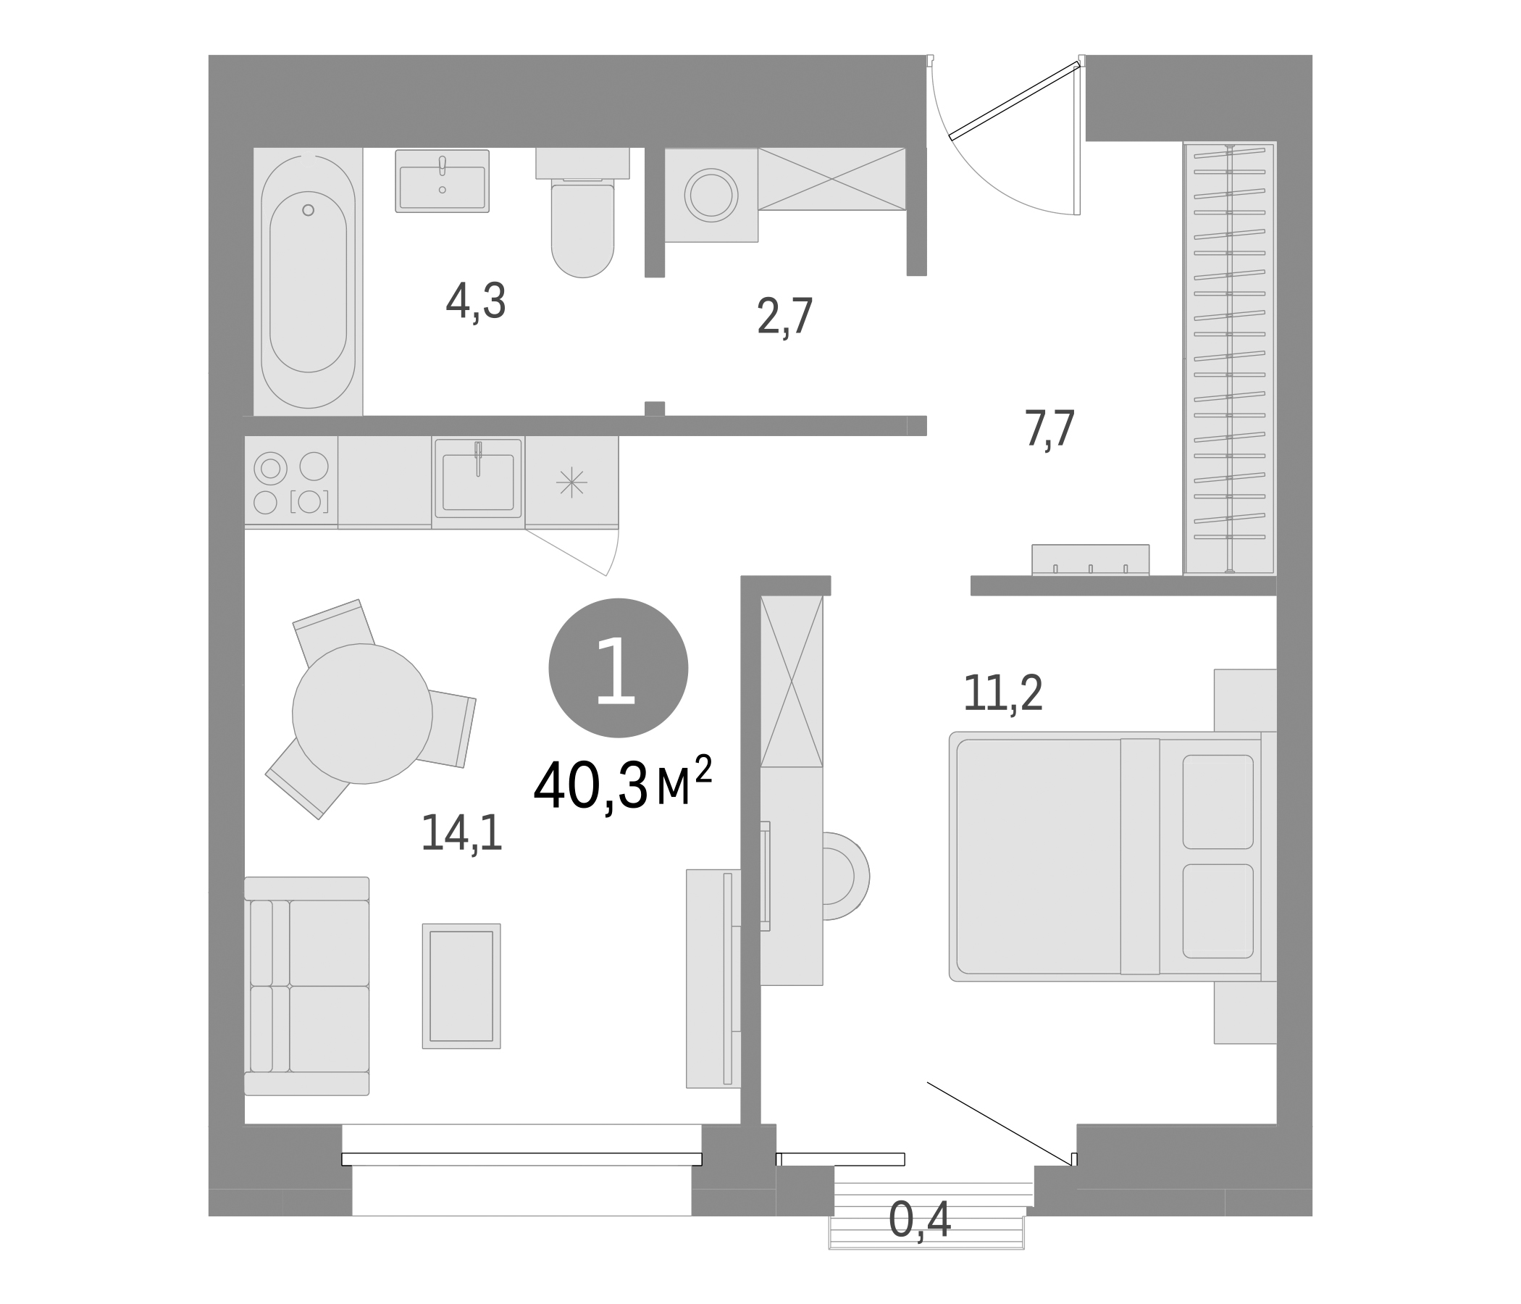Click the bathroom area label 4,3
pos(476,302)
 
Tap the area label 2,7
pos(784,317)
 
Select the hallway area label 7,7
pos(1049,429)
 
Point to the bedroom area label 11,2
pos(1002,693)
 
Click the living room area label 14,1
pos(461,834)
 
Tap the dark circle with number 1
pos(618,667)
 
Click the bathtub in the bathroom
pos(308,282)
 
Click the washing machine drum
pos(711,196)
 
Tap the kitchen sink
pos(478,481)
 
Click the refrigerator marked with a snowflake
pos(571,482)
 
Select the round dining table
pos(362,714)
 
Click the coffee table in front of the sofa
pos(461,986)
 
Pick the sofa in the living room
pos(307,986)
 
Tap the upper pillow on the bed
pos(1217,802)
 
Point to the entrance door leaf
pos(1013,101)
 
